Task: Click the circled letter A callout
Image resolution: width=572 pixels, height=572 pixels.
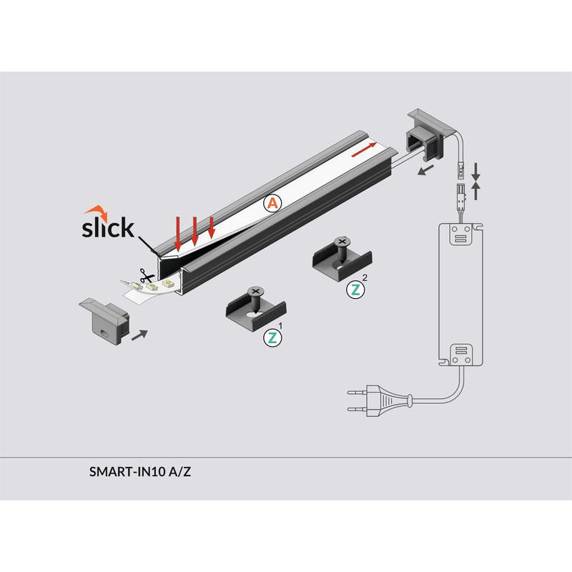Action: tap(273, 203)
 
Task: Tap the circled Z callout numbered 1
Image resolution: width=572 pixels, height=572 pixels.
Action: tap(272, 337)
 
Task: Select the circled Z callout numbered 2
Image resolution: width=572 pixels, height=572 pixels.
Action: tap(355, 290)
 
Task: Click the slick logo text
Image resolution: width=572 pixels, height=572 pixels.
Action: tap(108, 227)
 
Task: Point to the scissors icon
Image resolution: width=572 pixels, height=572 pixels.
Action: tap(147, 275)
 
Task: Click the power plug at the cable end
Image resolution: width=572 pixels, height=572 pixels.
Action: tap(380, 401)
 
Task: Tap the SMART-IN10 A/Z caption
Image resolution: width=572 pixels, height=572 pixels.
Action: tap(140, 472)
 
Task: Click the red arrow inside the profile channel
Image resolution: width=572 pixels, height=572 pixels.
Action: tap(364, 149)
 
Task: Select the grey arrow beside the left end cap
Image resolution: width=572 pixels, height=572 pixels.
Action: tap(139, 335)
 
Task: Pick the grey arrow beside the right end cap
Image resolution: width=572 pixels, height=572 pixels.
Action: tap(425, 169)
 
